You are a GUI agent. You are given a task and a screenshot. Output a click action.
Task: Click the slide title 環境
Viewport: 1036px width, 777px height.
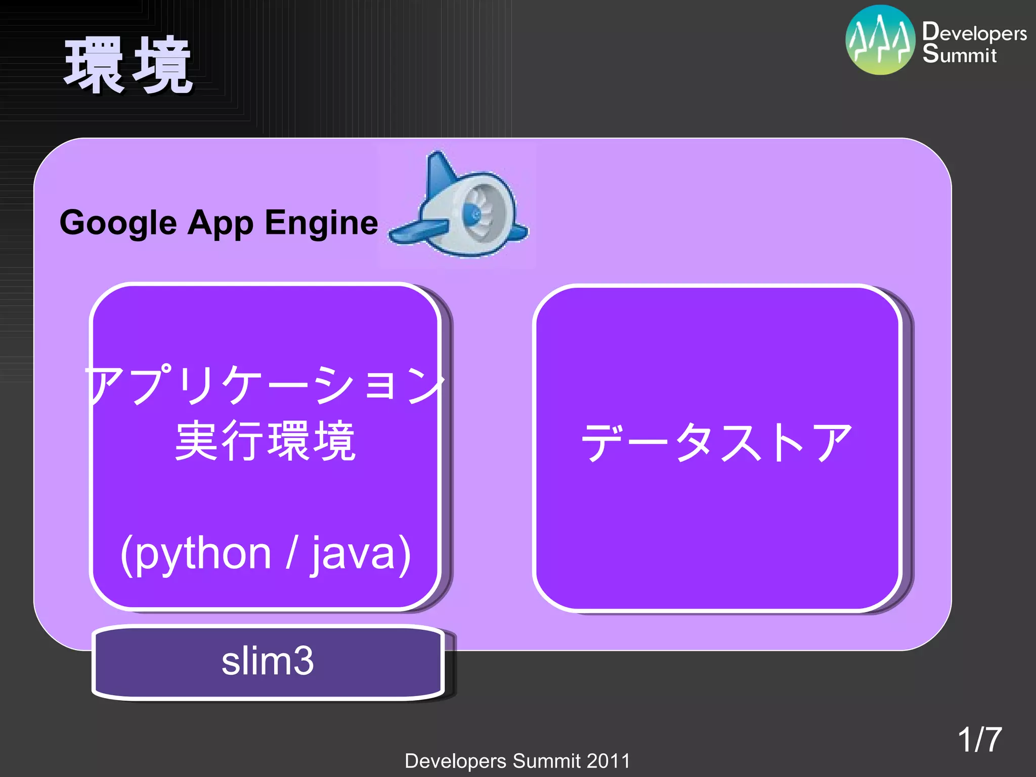coord(128,66)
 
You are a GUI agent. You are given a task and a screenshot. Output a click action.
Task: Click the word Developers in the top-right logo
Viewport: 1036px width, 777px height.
coord(974,33)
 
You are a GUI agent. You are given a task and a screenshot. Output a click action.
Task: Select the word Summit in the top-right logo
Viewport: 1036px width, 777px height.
coord(959,55)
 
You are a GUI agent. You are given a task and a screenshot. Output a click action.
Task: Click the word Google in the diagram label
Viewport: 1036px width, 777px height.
coord(118,223)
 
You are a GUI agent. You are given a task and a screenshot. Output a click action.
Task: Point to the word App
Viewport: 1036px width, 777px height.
coord(221,223)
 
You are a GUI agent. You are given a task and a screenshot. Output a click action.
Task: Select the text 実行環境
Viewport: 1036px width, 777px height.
coord(265,441)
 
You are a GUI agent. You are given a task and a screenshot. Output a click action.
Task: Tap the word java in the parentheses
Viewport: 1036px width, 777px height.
coord(353,554)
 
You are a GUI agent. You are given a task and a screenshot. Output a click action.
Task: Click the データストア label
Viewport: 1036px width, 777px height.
coord(716,442)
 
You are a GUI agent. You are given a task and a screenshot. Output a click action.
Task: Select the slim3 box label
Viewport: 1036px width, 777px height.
coord(268,661)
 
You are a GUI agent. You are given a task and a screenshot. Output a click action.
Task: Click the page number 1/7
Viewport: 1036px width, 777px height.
coord(979,740)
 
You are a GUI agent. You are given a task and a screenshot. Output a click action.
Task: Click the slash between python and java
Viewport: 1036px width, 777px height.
coord(291,554)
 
